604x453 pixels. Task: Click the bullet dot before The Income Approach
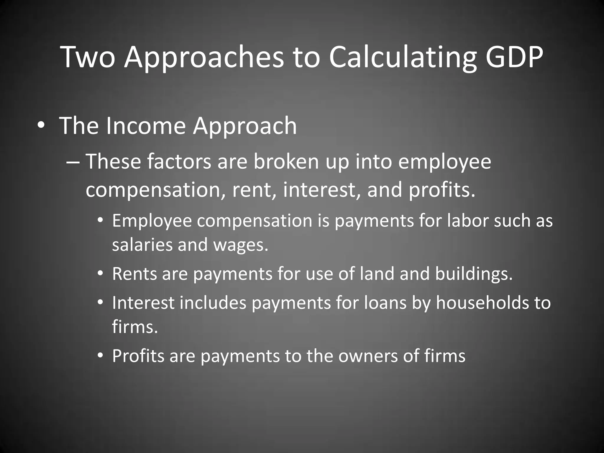click(41, 126)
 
